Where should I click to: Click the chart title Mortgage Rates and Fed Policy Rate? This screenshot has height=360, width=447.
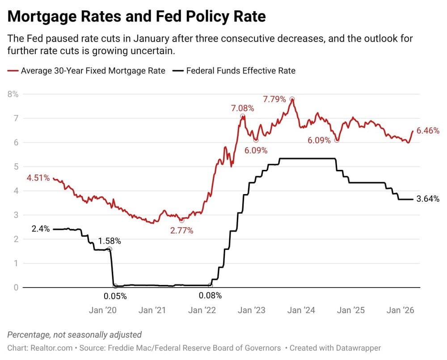[x=137, y=17]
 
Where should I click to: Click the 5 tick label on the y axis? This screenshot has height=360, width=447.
[x=16, y=167]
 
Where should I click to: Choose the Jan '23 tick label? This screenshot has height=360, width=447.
[x=251, y=310]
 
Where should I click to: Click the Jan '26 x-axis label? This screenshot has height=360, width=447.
[x=400, y=310]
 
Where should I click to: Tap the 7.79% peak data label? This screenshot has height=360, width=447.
[x=274, y=99]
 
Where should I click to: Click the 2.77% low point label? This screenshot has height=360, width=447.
[x=181, y=231]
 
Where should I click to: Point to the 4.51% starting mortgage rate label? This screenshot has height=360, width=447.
[x=38, y=178]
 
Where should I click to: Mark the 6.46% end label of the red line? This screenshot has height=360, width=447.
[x=428, y=131]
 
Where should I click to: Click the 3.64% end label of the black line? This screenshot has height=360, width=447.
[x=428, y=199]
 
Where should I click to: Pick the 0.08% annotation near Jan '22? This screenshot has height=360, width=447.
[x=210, y=296]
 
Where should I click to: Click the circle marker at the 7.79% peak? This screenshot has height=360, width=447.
[x=292, y=99]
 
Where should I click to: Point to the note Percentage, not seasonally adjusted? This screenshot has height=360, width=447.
[x=75, y=335]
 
